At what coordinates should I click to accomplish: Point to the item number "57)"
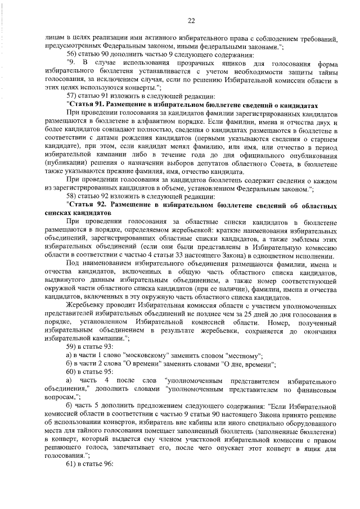click(x=73, y=97)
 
